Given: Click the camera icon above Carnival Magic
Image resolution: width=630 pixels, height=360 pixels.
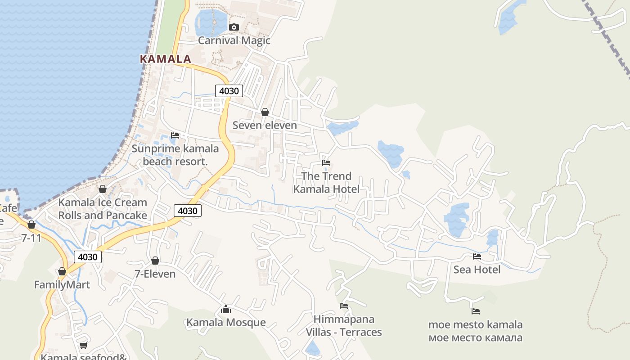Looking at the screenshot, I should point(234,27).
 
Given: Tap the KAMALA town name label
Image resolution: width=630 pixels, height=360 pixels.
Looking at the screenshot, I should point(165,59).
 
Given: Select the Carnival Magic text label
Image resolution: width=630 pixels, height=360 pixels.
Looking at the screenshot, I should point(234,40).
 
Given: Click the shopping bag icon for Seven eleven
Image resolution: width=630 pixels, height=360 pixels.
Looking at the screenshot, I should point(265,112).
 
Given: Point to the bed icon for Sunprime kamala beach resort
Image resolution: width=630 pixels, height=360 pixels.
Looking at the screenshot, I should point(175,135).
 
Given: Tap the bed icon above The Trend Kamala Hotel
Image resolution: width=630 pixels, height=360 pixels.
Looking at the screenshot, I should point(326,163).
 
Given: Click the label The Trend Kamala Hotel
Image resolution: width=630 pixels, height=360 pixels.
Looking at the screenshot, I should point(326,182).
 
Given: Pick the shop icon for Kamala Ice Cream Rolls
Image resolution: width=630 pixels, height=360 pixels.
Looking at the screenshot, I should point(103,189).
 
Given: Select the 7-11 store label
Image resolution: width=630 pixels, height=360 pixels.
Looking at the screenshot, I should point(31,238).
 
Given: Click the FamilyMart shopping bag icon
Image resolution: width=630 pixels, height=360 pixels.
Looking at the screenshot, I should point(62,271).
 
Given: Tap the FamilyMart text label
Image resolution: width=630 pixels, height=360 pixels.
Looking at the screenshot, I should point(62,285).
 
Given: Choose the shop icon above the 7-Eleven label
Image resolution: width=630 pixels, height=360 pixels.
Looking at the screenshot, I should point(155,261).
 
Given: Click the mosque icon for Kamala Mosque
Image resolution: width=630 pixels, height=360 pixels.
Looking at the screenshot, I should point(226,310).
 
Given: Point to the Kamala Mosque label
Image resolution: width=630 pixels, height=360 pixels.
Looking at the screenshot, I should point(226,323).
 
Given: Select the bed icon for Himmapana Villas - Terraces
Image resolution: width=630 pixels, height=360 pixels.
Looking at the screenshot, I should point(344,306).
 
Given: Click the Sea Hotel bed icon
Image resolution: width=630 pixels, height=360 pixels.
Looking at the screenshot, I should point(477,256).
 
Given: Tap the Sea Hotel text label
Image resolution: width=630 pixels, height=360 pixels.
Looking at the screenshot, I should point(477,270).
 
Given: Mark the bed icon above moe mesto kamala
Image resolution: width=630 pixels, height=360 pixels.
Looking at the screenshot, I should point(476,311).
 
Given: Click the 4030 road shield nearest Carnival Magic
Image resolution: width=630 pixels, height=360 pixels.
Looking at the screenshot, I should point(229,91).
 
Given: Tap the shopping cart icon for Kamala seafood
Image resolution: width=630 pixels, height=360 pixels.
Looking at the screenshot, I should point(83,346).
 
